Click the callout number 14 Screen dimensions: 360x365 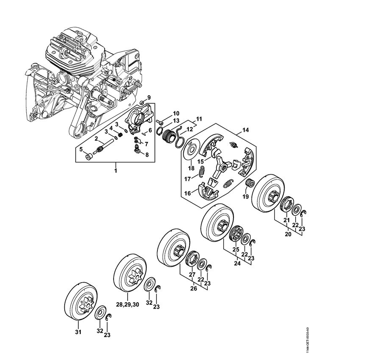(245, 130)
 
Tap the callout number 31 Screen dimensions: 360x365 (78, 332)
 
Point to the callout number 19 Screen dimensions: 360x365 (245, 196)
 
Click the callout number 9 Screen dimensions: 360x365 (149, 98)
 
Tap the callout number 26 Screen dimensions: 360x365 (193, 288)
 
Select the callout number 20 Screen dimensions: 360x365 (288, 234)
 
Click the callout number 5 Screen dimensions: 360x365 (81, 149)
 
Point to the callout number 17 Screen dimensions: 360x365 (187, 179)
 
